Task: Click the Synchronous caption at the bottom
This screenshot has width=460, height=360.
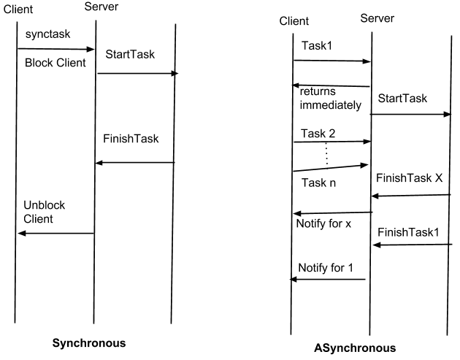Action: pyautogui.click(x=88, y=342)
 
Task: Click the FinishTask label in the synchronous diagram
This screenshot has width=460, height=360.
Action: pyautogui.click(x=131, y=138)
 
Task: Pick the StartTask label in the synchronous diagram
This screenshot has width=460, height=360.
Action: pyautogui.click(x=130, y=54)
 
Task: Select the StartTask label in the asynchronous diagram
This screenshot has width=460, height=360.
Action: pyautogui.click(x=403, y=98)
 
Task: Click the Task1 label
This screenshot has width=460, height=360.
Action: pyautogui.click(x=316, y=45)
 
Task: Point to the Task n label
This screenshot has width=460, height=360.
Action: pyautogui.click(x=319, y=183)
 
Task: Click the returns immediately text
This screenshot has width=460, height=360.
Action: pyautogui.click(x=329, y=99)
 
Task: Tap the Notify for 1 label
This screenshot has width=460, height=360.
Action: pyautogui.click(x=326, y=267)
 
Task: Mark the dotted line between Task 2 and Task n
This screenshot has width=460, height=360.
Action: pyautogui.click(x=326, y=154)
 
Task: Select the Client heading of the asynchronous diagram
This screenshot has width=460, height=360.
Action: pyautogui.click(x=294, y=21)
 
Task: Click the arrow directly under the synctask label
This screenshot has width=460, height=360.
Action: pyautogui.click(x=56, y=49)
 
